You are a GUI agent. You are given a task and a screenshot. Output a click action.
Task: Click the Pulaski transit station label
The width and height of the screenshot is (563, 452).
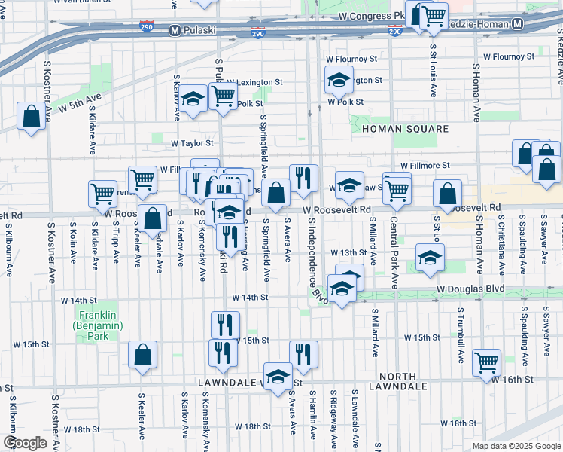(197, 30)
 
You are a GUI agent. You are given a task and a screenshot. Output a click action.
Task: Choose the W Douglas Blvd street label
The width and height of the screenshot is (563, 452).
(469, 289)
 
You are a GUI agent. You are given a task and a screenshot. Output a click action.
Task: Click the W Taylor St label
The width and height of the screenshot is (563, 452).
(192, 142)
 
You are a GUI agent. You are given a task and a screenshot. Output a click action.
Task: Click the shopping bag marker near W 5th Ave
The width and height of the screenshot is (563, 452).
(31, 117)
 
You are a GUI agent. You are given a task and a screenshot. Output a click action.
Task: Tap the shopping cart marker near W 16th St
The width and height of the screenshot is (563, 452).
(487, 362)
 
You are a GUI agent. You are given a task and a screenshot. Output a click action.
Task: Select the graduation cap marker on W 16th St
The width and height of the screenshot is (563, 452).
(278, 375)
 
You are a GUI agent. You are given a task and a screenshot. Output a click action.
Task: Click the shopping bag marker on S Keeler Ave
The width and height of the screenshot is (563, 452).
(142, 355)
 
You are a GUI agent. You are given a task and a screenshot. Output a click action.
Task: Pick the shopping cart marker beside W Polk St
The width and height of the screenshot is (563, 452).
(224, 97)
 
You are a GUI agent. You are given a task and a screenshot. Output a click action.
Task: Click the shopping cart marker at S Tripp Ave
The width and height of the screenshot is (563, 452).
(102, 193)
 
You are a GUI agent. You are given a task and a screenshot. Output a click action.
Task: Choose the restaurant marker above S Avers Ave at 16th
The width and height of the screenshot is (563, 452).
(303, 354)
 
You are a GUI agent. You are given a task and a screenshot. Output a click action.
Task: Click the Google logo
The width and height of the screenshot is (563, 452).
(25, 443)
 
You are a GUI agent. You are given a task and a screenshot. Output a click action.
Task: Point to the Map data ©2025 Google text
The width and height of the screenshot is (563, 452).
(516, 446)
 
